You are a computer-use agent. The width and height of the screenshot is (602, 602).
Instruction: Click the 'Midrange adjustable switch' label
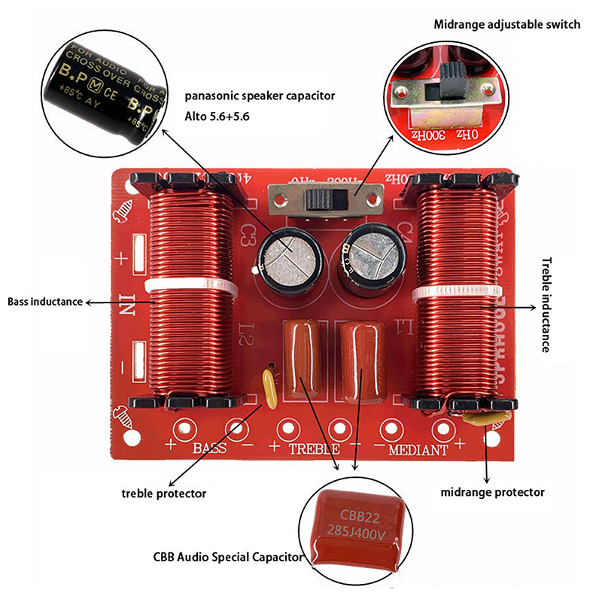(506, 24)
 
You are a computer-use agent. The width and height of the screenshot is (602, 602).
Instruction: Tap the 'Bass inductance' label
(45, 302)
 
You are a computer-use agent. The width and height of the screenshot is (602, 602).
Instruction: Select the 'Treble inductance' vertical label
(546, 305)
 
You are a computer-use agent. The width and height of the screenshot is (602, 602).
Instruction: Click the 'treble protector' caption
(163, 494)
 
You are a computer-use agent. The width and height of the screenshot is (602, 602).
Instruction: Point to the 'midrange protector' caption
(492, 492)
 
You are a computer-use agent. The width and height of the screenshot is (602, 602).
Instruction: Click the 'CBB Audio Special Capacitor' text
(227, 558)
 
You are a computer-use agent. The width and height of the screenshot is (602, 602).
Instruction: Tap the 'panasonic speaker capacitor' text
(260, 96)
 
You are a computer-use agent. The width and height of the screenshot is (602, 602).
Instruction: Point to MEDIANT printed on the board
(418, 450)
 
